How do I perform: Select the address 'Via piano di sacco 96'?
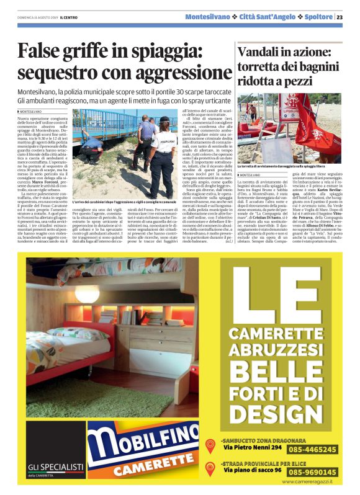[x=253, y=471]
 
